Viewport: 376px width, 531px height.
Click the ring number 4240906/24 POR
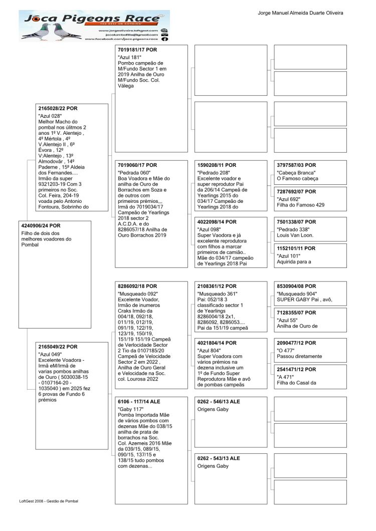(41, 225)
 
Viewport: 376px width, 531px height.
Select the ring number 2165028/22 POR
(58, 108)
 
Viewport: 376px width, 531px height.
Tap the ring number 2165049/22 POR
(58, 347)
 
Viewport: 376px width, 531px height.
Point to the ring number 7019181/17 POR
(137, 50)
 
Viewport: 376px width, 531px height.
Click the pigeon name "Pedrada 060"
(134, 172)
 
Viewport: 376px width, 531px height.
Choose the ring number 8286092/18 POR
(137, 286)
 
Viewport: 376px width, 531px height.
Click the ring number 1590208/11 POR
(217, 165)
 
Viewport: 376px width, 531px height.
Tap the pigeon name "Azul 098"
(210, 229)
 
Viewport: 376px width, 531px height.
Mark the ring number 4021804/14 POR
(217, 343)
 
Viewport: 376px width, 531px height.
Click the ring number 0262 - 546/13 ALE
(219, 402)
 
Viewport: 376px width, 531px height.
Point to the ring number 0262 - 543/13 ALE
(219, 458)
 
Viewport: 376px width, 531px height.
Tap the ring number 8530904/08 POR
(296, 286)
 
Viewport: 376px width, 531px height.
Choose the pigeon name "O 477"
(286, 350)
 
